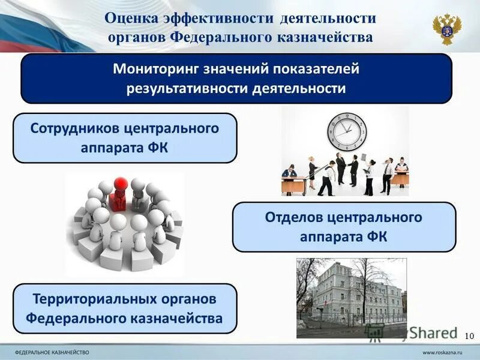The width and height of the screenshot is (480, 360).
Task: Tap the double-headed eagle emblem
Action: (447, 28)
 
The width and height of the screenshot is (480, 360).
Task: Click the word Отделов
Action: (290, 217)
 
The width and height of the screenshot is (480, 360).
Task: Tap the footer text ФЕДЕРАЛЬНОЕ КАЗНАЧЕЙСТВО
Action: (52, 350)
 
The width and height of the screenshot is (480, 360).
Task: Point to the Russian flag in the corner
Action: (30, 24)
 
